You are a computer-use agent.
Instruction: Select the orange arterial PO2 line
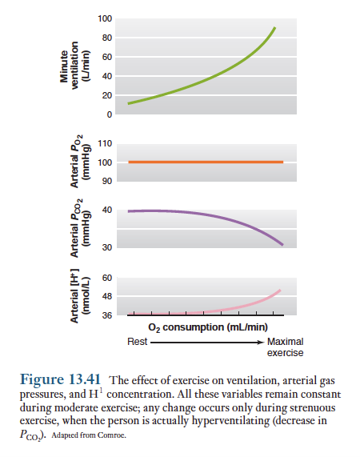tap(206, 162)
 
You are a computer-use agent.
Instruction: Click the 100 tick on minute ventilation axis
tap(105, 18)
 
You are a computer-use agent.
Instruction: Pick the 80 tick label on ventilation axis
tap(107, 38)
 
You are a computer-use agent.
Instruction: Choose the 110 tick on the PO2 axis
tap(105, 143)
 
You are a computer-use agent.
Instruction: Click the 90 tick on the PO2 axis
tap(107, 181)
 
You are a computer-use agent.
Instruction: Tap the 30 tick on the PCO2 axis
tap(107, 247)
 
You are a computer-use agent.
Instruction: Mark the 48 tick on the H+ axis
tap(107, 296)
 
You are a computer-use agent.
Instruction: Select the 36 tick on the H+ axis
tap(107, 315)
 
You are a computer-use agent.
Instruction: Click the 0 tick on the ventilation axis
tap(110, 114)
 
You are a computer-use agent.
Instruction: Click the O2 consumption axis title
tap(208, 327)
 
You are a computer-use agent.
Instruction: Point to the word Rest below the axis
tap(137, 342)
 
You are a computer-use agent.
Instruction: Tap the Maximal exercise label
tap(285, 347)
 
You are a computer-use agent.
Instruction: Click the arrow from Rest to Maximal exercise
tap(207, 343)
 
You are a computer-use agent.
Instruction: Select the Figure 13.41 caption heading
tap(60, 379)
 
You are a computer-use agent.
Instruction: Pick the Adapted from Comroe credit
tap(89, 435)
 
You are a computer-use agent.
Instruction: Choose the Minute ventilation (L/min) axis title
tap(74, 66)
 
